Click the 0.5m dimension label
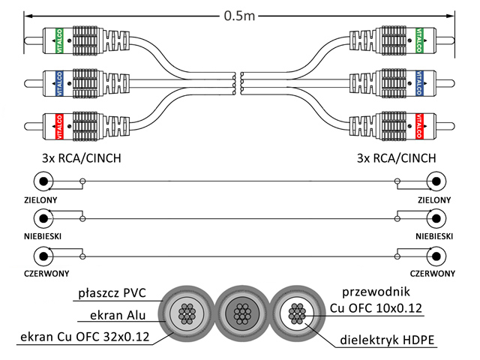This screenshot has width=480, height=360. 239,16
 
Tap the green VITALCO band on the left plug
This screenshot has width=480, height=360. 59,41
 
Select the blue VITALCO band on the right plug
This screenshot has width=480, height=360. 419,83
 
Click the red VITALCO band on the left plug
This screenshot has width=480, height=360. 59,127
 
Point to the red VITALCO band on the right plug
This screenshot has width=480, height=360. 419,126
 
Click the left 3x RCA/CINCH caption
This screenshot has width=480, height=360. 82,158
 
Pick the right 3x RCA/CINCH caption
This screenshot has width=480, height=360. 397,158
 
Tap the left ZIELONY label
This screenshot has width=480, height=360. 40,200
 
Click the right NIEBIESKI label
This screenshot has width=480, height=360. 434,236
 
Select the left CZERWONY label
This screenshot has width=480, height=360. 46,273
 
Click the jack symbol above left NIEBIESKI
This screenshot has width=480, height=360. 43,218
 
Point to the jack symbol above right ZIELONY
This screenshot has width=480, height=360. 436,181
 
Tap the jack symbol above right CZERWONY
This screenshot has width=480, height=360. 436,256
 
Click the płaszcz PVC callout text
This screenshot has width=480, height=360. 112,293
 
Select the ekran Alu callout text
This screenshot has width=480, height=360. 118,315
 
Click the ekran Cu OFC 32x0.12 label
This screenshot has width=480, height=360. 85,337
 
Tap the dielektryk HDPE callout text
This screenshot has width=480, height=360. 387,340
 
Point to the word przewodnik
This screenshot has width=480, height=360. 376,292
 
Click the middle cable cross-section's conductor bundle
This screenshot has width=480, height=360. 242,313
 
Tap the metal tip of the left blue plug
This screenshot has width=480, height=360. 33,83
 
